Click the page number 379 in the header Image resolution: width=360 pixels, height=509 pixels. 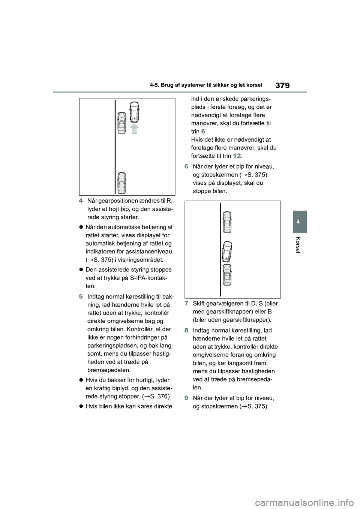point(282,85)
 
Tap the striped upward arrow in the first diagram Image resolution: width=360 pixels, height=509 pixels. point(134,129)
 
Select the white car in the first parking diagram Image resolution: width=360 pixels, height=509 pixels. point(134,112)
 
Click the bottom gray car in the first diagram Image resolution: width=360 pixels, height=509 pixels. point(121,183)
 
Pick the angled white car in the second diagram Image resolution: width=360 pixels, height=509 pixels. point(227,252)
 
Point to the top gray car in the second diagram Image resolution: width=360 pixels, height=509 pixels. point(227,222)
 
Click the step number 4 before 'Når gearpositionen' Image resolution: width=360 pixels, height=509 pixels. point(81,201)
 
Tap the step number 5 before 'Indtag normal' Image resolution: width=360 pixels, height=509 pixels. point(81,297)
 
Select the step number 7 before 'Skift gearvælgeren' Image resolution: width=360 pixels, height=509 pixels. point(186,304)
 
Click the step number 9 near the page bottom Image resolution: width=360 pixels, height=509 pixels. point(186,398)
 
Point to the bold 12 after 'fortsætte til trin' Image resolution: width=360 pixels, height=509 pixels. point(237,156)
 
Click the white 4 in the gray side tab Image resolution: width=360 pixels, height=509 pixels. point(298,222)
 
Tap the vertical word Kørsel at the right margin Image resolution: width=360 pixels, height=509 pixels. point(298,245)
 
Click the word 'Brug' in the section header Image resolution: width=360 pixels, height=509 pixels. point(168,85)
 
